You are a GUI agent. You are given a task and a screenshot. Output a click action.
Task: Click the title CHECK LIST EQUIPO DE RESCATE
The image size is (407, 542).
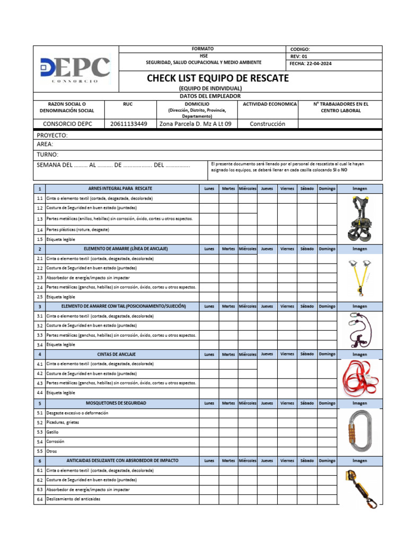click(217, 78)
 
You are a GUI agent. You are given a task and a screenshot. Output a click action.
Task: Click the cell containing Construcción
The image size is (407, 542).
click(267, 124)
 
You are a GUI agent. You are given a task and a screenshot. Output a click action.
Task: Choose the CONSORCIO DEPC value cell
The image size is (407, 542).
click(67, 124)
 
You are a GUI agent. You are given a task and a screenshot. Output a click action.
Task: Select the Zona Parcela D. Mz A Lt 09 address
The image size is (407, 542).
click(195, 124)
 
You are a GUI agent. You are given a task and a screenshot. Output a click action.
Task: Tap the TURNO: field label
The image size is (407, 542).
click(47, 155)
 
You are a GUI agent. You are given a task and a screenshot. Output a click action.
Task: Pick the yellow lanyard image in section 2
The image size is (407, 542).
click(359, 277)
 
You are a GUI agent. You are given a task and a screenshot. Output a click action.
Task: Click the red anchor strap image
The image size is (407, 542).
click(359, 378)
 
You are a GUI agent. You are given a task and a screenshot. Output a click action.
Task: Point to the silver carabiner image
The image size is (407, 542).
click(359, 431)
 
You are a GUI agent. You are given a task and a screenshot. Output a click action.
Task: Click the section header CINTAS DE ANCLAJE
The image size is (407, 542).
click(116, 354)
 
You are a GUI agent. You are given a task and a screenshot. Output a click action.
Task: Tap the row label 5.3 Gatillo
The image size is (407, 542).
click(52, 432)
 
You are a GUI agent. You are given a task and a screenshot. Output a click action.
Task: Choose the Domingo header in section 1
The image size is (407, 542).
click(327, 188)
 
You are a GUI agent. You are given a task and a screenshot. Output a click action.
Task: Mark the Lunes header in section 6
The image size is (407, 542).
click(209, 460)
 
